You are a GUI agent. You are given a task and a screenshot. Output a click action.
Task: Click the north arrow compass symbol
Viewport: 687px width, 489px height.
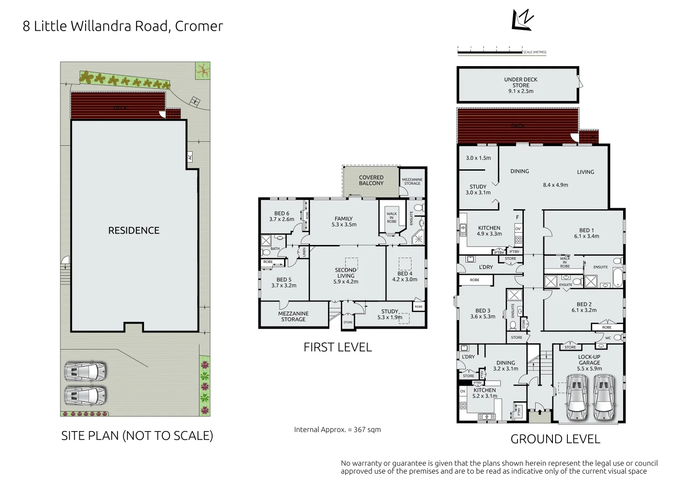click(522, 20)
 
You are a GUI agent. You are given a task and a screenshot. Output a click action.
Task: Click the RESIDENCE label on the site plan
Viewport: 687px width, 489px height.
click(134, 230)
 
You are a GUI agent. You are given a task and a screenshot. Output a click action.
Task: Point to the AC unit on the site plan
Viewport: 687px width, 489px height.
click(190, 158)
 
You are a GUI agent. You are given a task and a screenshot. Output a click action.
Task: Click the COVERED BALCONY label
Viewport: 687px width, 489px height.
click(371, 180)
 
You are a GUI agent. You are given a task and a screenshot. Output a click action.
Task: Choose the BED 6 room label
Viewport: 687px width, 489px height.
click(281, 214)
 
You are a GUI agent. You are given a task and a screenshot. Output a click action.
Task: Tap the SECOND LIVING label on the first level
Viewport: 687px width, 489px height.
click(346, 273)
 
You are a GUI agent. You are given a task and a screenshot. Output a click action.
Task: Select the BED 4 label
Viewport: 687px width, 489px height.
click(405, 273)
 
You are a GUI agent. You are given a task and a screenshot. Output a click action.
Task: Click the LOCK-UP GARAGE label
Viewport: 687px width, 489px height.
click(589, 360)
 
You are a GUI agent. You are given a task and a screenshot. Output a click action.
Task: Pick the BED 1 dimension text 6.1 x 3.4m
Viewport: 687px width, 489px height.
click(586, 236)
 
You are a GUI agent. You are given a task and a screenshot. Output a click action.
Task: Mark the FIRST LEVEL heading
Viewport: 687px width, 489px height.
click(338, 347)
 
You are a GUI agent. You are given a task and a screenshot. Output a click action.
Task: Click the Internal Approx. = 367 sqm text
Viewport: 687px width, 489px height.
click(337, 430)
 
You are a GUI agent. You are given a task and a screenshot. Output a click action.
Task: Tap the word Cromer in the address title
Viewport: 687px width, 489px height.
click(199, 26)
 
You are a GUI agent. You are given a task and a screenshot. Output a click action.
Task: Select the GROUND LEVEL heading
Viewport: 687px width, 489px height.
click(555, 439)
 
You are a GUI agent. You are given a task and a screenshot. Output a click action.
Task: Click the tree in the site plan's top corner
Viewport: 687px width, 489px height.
click(202, 69)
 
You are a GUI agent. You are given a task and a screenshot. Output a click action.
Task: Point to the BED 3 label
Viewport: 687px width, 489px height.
click(483, 311)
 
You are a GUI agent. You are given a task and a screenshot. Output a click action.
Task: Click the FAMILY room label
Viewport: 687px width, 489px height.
click(343, 219)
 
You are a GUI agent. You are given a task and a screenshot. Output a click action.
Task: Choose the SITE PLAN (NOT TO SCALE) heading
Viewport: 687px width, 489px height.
click(137, 436)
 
